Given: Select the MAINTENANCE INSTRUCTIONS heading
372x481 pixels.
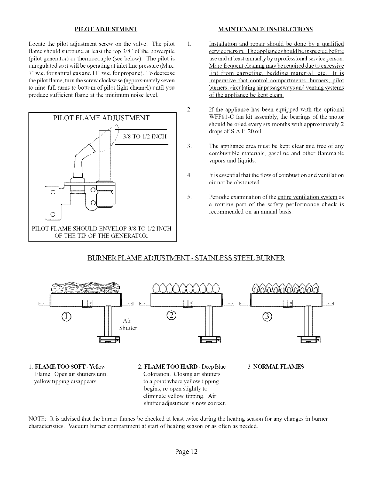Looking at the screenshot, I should tap(266, 29).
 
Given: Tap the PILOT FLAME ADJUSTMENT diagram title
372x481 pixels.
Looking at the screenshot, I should tap(101, 118).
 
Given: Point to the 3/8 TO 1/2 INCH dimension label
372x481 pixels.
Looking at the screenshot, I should tap(145, 136).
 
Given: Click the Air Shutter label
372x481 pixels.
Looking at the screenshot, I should tap(128, 324).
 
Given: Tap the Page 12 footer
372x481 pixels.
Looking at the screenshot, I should tap(186, 452).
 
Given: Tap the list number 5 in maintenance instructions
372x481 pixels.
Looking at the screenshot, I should tap(189, 197).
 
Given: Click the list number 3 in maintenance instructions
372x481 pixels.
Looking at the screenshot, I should tap(189, 146).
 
